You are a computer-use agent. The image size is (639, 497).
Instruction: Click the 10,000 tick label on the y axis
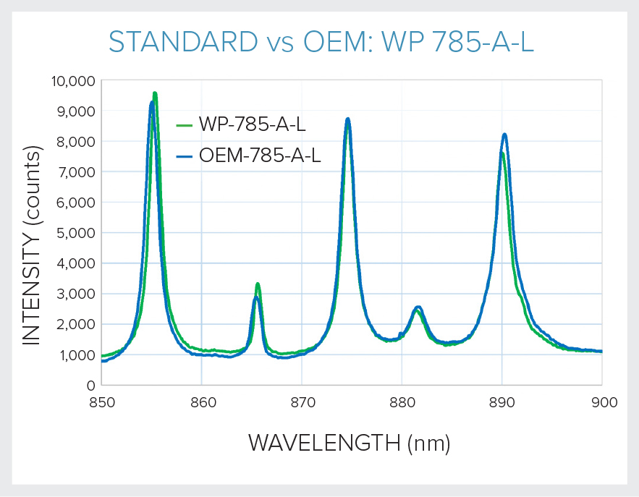point(71,80)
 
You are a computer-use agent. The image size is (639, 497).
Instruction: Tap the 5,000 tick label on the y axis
point(75,233)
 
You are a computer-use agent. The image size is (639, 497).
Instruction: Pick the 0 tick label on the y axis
point(90,386)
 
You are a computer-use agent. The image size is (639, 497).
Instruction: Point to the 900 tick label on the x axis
point(601,402)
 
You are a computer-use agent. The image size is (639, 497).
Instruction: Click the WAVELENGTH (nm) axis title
point(350,443)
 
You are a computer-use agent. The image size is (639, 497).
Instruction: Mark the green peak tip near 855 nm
point(155,93)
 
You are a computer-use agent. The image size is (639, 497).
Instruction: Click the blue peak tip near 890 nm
point(504,135)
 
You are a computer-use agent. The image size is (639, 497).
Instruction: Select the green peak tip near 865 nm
point(258,284)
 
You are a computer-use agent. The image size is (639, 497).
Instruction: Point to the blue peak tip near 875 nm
point(348,119)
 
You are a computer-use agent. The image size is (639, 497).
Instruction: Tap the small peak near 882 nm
point(418,307)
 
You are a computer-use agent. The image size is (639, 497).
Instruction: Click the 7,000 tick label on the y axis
point(75,172)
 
